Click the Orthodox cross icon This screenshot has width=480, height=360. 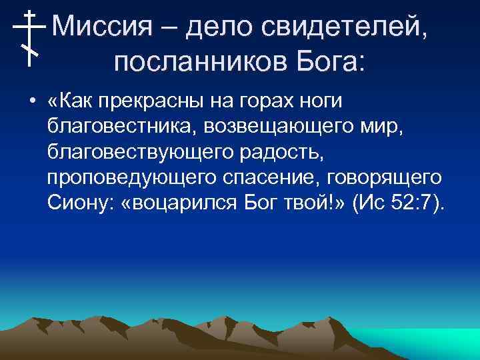coord(29,37)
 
